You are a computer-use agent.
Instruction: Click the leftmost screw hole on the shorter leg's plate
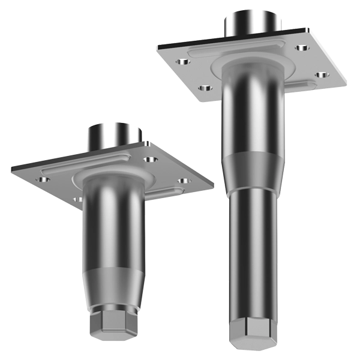44,179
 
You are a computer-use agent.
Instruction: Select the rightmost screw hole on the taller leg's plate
322,75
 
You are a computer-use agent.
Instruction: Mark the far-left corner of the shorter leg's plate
13,169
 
